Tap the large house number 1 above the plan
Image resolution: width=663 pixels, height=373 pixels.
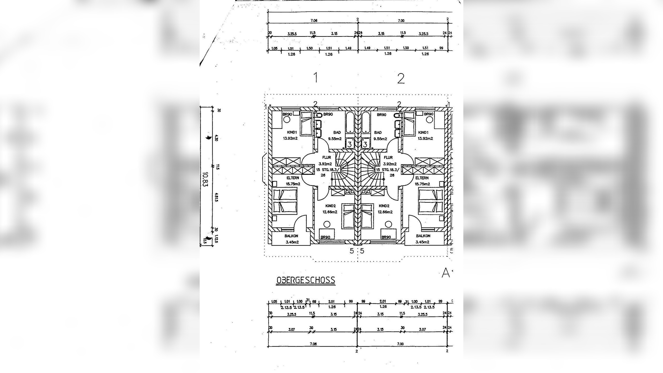tap(315, 78)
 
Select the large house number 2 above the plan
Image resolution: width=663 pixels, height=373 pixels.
tap(401, 78)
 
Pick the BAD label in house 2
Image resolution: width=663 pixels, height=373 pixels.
tap(378, 133)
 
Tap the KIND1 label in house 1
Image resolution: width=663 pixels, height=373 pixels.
tap(292, 132)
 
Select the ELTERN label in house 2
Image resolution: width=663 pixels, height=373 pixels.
tap(422, 178)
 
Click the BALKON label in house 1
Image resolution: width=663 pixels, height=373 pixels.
tap(291, 236)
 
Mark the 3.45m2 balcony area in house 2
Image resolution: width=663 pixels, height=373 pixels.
tap(422, 242)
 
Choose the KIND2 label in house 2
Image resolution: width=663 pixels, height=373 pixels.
tap(384, 206)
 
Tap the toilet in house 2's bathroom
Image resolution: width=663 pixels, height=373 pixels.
tap(396, 115)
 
